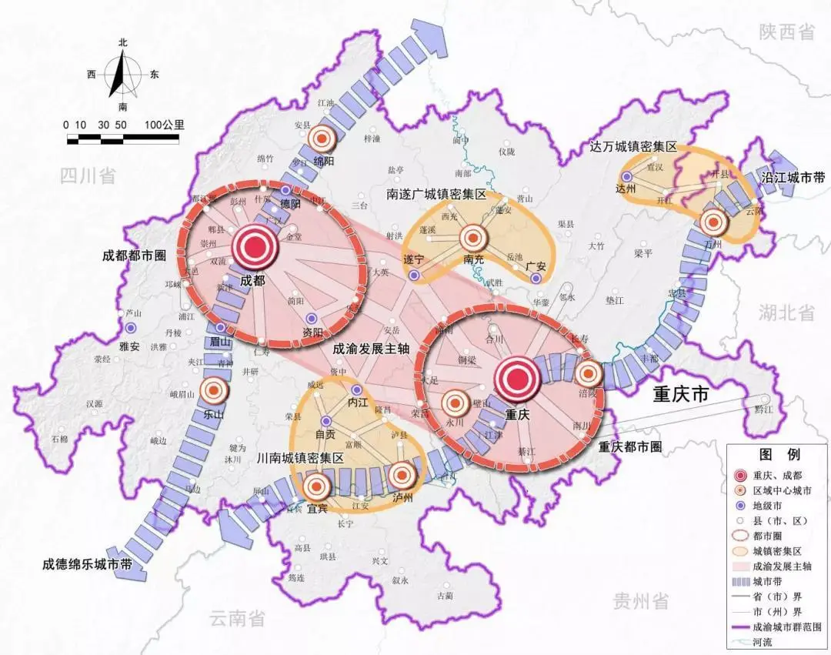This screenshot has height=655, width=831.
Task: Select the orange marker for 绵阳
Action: pyautogui.click(x=322, y=139)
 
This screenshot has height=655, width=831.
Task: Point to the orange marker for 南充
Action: pyautogui.click(x=475, y=239)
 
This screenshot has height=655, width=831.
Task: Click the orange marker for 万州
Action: pyautogui.click(x=713, y=222)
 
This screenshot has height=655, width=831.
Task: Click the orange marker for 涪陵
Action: pyautogui.click(x=589, y=373)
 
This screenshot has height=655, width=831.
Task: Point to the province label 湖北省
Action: pyautogui.click(x=786, y=312)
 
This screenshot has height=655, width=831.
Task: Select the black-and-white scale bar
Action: pyautogui.click(x=122, y=139)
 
